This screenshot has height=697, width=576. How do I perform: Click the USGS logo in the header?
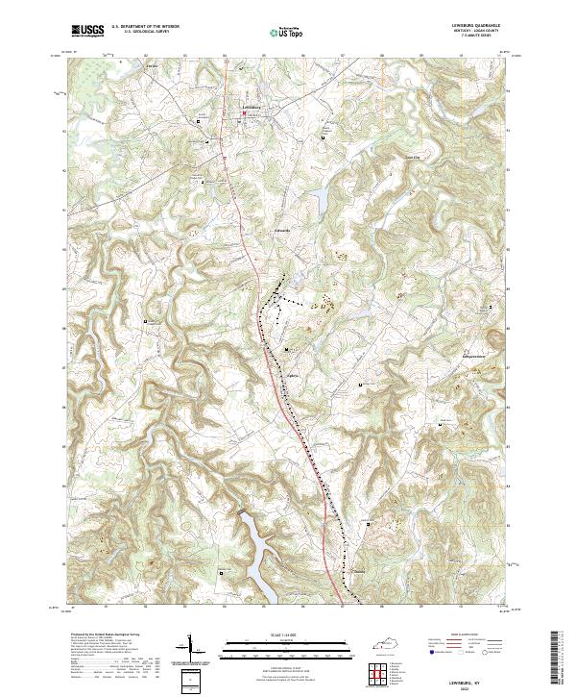point(87,31)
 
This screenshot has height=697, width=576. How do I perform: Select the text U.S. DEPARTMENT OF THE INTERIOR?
point(145,27)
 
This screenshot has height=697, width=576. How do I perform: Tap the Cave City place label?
point(413,156)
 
